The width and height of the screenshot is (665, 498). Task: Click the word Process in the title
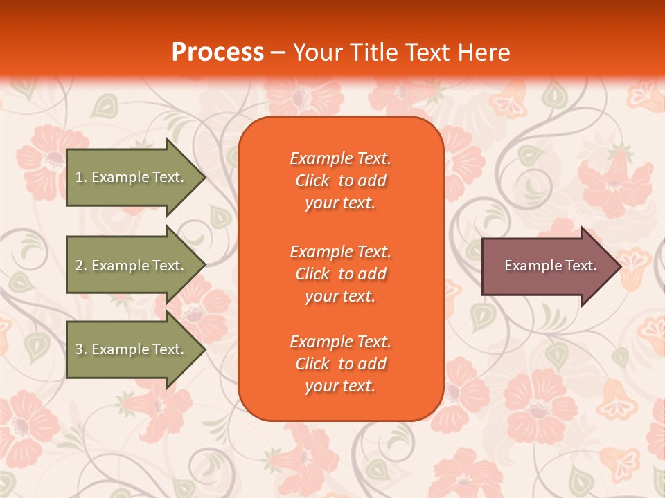[x=218, y=53]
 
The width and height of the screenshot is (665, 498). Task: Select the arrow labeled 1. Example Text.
[x=135, y=177]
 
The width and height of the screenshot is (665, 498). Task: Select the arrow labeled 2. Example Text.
[x=135, y=266]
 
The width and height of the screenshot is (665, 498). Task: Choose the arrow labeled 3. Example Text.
[x=135, y=349]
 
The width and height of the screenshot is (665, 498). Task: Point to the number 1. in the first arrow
[x=80, y=177]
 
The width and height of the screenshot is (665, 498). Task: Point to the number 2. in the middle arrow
[x=80, y=266]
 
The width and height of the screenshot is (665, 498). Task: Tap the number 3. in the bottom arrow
[x=80, y=349]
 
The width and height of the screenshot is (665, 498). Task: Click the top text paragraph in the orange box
[x=340, y=181]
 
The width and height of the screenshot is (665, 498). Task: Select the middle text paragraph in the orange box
[x=340, y=274]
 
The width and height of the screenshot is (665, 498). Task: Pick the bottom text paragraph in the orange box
[x=340, y=364]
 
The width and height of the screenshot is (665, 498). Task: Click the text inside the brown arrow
[x=550, y=266]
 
